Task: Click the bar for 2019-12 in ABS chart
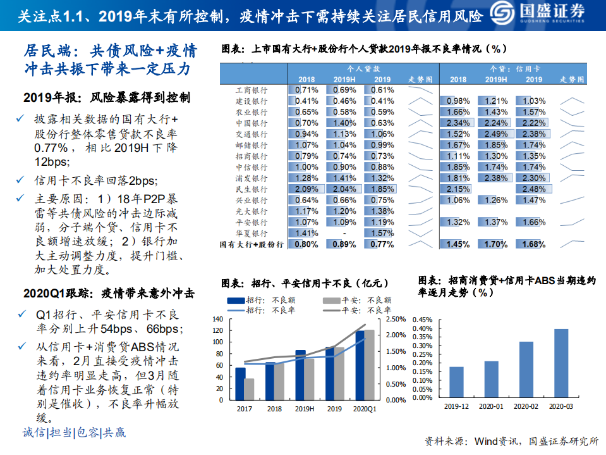tap(456, 383)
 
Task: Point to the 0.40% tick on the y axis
tap(423, 328)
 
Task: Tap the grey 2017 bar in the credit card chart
tap(249, 389)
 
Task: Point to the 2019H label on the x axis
tap(305, 409)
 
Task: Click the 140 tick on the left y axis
tap(218, 319)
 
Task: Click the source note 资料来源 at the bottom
tap(511, 440)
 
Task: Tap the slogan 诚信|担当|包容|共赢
tap(75, 433)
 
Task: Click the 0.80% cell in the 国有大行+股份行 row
tap(306, 245)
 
